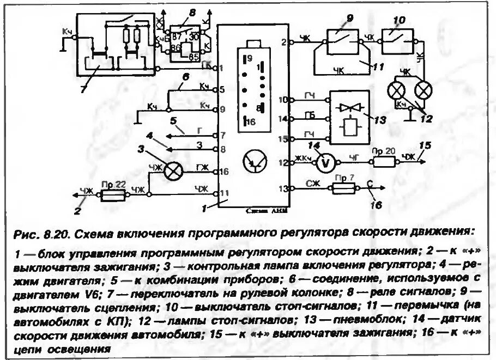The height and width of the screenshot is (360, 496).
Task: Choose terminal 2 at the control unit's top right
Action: [290, 41]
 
